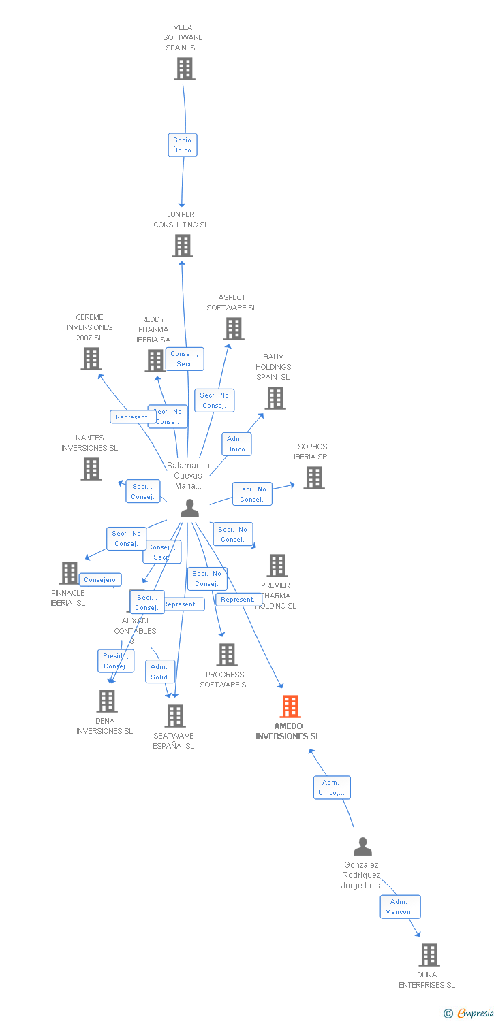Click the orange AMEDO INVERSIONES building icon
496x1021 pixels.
click(x=290, y=707)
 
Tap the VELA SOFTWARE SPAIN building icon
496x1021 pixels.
click(x=184, y=69)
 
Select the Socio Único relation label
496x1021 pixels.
click(x=183, y=145)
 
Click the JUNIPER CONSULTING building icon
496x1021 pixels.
click(x=182, y=246)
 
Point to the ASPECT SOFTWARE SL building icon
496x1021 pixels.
click(x=233, y=329)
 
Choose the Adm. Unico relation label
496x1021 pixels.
click(x=236, y=444)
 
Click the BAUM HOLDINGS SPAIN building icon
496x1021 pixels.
click(x=275, y=398)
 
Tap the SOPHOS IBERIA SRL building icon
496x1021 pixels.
click(x=313, y=478)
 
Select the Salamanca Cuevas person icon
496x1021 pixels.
click(x=189, y=508)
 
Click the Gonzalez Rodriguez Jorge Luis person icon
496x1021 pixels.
click(x=362, y=847)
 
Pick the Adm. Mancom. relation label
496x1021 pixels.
click(x=400, y=907)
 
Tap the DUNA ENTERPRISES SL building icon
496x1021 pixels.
click(x=429, y=955)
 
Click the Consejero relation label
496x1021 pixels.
click(x=100, y=580)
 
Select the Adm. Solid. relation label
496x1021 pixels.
click(x=160, y=672)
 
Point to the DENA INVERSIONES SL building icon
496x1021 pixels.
click(x=106, y=701)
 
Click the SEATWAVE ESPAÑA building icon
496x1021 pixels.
click(x=175, y=716)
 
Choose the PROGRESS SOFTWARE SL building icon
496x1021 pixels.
click(x=226, y=655)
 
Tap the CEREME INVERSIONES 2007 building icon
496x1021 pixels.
click(x=91, y=359)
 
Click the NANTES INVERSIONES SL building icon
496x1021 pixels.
click(x=91, y=469)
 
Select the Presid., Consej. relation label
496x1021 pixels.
click(x=116, y=661)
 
